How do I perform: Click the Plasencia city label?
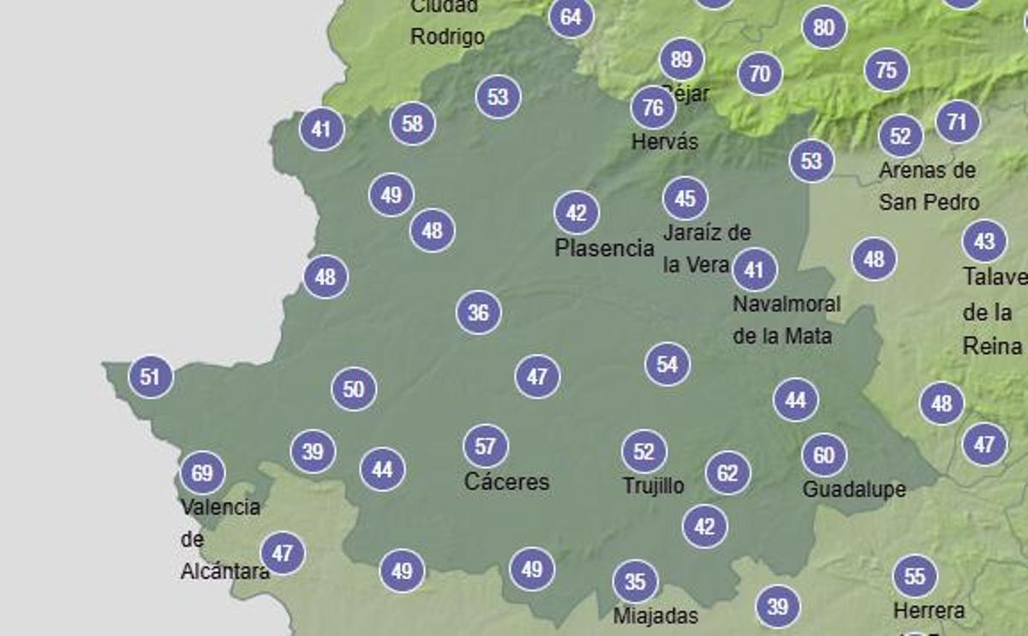pos(604,249)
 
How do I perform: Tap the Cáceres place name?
pos(506,482)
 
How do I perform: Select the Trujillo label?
pos(653,486)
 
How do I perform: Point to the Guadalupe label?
pos(853,489)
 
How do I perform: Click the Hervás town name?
pos(664,142)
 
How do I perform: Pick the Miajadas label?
pos(655,615)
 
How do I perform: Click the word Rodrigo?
pos(447,37)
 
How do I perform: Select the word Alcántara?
pos(224,572)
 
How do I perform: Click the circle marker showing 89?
pos(681,60)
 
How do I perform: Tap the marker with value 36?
pos(478,313)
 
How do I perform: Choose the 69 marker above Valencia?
pos(202,472)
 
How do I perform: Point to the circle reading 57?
pos(485,447)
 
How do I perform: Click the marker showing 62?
pos(727,473)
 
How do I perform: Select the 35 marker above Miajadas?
pos(635,583)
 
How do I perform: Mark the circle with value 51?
pos(150,377)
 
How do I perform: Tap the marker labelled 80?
pos(823,27)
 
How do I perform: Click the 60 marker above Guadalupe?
pos(823,456)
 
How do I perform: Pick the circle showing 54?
pos(667,364)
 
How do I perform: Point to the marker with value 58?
pos(412,123)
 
